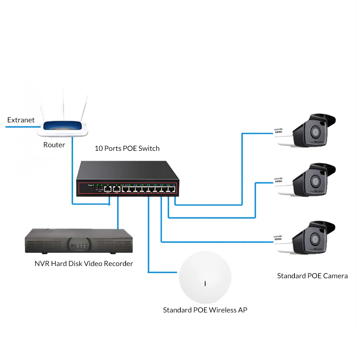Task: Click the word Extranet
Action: (x=21, y=120)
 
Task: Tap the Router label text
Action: (x=54, y=145)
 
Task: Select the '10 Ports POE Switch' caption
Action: (x=127, y=148)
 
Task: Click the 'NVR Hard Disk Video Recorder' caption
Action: (x=84, y=264)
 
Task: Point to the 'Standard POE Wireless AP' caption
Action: (x=205, y=310)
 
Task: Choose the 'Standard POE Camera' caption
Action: (x=312, y=276)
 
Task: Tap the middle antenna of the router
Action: (x=64, y=103)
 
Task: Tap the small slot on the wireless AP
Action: (x=205, y=283)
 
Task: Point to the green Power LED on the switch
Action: (x=93, y=185)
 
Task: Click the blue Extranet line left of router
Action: (x=22, y=127)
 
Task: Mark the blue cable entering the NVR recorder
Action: (x=117, y=216)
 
